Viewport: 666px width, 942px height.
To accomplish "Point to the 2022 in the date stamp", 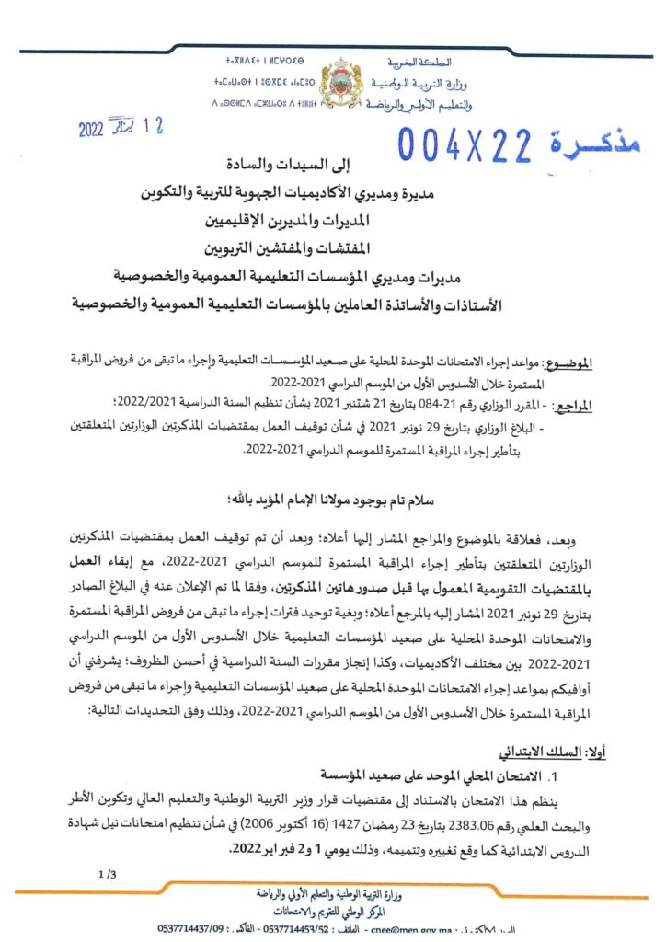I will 91,130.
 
